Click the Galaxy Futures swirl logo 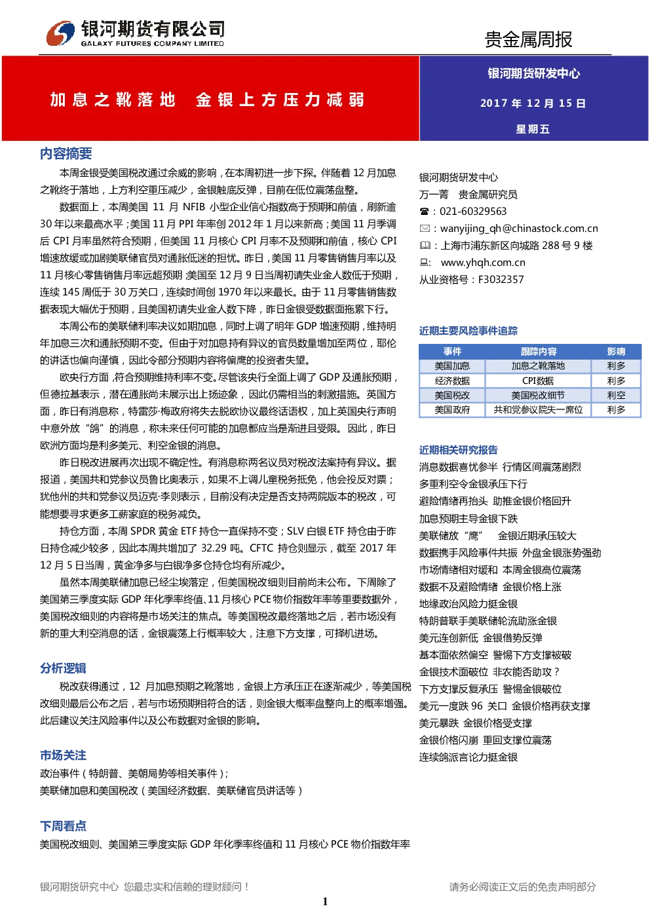60,33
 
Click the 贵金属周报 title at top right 529,39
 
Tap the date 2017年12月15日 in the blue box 533,103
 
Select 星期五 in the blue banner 533,129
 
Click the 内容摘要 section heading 66,153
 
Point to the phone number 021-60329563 473,212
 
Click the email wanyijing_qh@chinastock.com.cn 519,229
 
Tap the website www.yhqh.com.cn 483,263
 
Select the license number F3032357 501,280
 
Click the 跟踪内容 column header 539,352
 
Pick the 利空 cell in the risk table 616,395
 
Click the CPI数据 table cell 538,381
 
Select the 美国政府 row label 452,410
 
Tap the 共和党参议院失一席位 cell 538,410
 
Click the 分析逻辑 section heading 63,668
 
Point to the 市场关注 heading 63,755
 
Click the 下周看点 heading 63,826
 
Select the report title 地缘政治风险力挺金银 468,604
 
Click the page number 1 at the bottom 325,901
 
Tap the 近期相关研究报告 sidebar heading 458,450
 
